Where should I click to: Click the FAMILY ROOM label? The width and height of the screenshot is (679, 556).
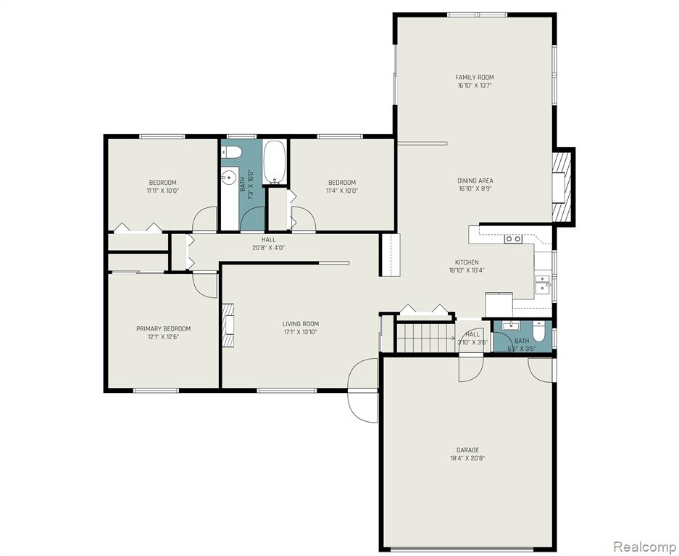[475, 77]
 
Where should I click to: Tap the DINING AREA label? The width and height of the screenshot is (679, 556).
[475, 181]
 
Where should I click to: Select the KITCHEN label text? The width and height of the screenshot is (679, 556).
[467, 262]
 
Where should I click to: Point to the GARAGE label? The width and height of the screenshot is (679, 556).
[467, 450]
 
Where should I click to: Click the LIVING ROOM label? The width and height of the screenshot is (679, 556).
[301, 324]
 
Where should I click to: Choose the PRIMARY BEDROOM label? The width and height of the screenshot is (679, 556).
[163, 328]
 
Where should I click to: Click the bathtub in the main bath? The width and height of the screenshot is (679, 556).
[275, 162]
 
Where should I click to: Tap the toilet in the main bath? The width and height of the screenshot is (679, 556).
[231, 152]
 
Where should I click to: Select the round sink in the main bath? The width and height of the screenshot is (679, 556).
[229, 177]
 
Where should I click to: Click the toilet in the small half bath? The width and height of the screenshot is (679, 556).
[538, 332]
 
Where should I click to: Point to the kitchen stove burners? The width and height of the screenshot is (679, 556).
[513, 238]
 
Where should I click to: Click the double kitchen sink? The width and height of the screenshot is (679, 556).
[542, 283]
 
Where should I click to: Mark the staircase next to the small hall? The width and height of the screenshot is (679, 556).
[425, 338]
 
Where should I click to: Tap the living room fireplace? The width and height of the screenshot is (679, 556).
[228, 325]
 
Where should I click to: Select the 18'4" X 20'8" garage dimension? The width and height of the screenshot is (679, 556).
[467, 458]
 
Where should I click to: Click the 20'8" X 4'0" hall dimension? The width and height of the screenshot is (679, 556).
[268, 248]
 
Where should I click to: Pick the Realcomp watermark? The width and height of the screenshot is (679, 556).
[644, 546]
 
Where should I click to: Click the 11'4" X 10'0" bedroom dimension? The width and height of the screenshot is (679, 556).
[342, 191]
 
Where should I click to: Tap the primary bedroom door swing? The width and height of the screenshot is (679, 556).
[205, 286]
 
